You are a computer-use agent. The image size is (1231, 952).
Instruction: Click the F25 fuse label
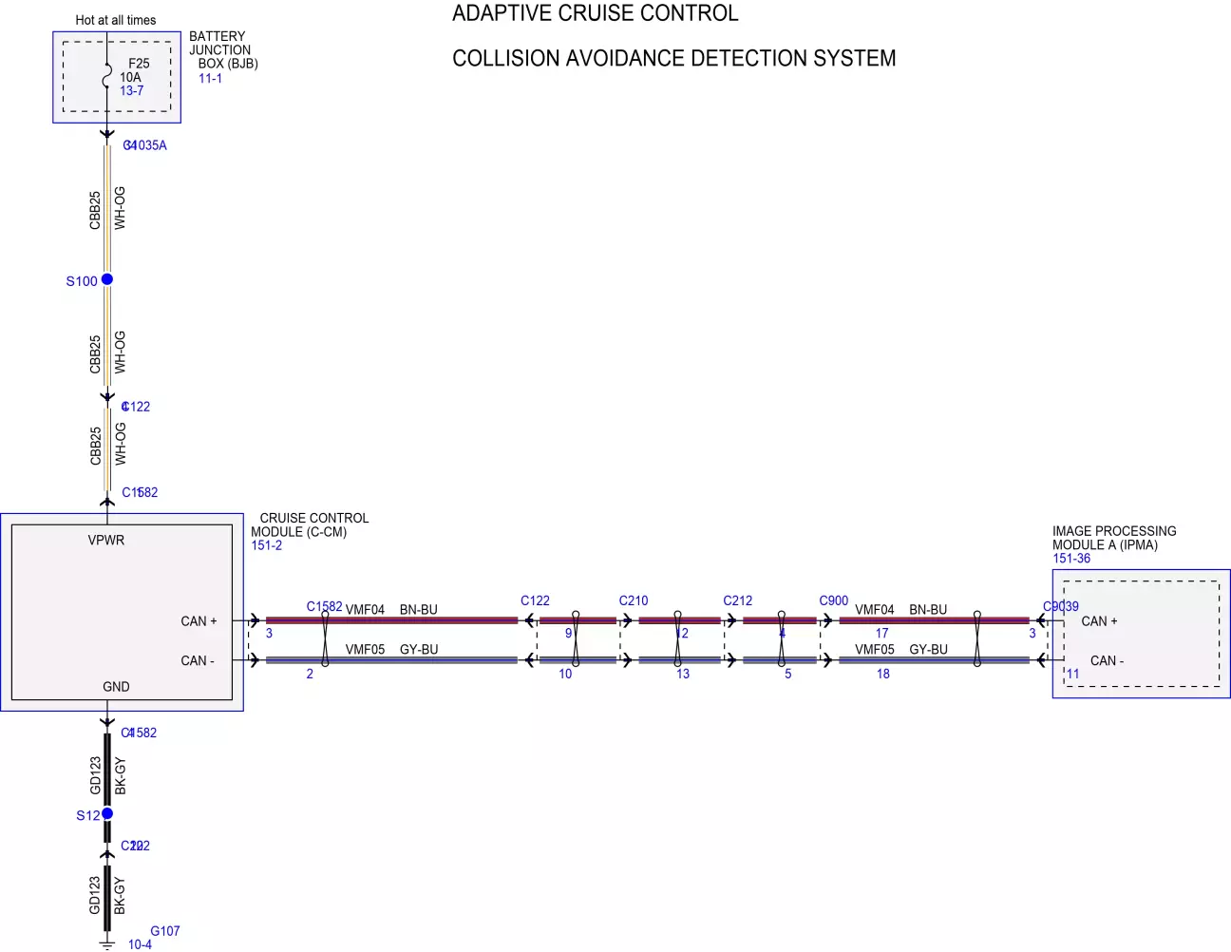click(139, 64)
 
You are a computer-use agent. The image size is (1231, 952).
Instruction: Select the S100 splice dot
click(107, 279)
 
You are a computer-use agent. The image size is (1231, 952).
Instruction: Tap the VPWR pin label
click(106, 541)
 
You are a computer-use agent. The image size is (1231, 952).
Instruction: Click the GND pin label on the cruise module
click(116, 687)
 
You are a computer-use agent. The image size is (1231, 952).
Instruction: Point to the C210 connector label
click(634, 600)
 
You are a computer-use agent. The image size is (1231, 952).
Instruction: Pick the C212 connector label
click(737, 600)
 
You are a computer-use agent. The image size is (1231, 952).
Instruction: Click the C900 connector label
click(833, 600)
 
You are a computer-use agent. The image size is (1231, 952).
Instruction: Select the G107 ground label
click(164, 931)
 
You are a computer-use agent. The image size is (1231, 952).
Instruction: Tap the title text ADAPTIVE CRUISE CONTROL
click(595, 13)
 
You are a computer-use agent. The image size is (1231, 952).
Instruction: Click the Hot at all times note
click(116, 20)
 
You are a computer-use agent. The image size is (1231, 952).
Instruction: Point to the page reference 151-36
click(1071, 559)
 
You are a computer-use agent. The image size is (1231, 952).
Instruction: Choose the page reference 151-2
click(267, 545)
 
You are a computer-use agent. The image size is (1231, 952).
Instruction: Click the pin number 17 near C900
click(882, 634)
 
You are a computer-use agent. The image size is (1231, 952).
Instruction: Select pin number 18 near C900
click(883, 674)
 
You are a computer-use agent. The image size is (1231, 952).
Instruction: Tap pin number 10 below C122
click(565, 674)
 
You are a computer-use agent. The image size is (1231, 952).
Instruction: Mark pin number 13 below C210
click(683, 674)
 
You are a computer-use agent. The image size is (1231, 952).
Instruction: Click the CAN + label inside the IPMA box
click(1099, 621)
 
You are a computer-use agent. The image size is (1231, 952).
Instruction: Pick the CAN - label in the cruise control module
click(198, 661)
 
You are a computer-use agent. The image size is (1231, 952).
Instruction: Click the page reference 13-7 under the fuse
click(132, 91)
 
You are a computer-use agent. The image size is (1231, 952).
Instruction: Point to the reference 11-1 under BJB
click(210, 79)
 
